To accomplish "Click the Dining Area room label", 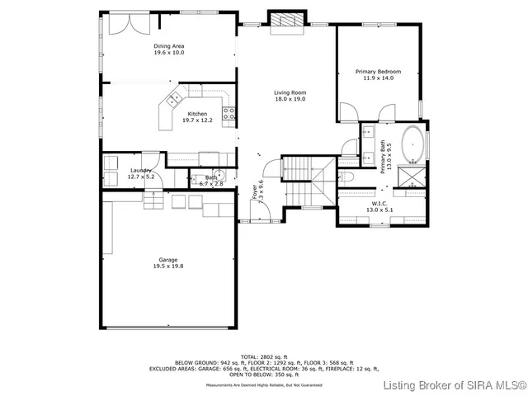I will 168,49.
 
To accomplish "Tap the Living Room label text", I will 290,95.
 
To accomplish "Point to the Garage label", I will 167,262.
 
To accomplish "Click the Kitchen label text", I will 197,116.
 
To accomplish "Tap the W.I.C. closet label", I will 379,206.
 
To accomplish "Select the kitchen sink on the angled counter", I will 174,101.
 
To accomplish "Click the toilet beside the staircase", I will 347,177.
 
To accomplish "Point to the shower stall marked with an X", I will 409,176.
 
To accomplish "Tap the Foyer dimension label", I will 259,191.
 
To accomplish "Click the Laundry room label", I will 141,173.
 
